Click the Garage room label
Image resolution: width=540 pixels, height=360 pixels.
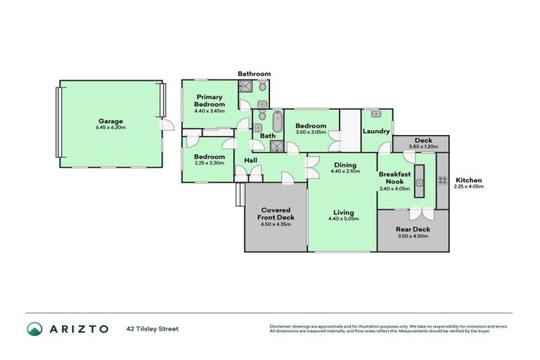point(110,120)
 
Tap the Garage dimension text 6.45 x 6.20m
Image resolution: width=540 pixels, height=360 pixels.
point(110,128)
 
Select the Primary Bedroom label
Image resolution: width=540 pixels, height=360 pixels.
point(210,101)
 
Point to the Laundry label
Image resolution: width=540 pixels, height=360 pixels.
point(376,131)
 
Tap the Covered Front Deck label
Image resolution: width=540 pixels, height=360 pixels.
point(276,213)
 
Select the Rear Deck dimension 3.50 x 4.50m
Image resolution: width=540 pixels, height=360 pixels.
point(413,237)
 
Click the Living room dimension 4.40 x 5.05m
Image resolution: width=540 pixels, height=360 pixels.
point(344,219)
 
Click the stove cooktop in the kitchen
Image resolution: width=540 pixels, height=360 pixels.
point(443,181)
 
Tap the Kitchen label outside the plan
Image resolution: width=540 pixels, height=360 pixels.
point(468,180)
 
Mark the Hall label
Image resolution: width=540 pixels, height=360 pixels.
point(251,160)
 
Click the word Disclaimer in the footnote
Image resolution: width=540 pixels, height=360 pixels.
point(281,326)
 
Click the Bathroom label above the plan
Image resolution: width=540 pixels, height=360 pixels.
point(254,74)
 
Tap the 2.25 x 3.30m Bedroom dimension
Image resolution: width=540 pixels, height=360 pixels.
point(210,163)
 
